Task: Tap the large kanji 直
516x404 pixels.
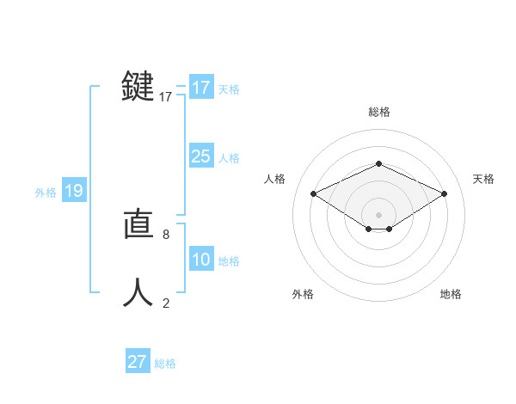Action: click(138, 224)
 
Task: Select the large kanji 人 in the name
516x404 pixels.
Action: click(138, 292)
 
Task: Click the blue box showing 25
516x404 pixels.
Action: click(200, 156)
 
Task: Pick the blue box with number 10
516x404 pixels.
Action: click(200, 260)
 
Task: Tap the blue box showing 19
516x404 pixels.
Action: click(73, 191)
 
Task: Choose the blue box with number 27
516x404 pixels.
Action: click(137, 362)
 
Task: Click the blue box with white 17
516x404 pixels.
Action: click(200, 88)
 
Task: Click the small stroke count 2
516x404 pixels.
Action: click(166, 303)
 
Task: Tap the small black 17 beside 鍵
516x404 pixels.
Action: click(166, 97)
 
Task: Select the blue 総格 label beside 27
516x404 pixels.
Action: click(165, 364)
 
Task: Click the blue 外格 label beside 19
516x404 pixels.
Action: click(46, 193)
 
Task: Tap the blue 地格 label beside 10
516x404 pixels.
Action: click(229, 261)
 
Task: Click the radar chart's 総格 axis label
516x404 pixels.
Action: click(378, 112)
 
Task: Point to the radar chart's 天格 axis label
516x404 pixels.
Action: click(483, 179)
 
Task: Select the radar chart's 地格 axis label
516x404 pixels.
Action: click(451, 294)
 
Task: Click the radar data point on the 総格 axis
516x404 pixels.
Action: click(378, 163)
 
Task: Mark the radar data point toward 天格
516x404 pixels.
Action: click(444, 194)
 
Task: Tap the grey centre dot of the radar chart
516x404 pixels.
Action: click(378, 214)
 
